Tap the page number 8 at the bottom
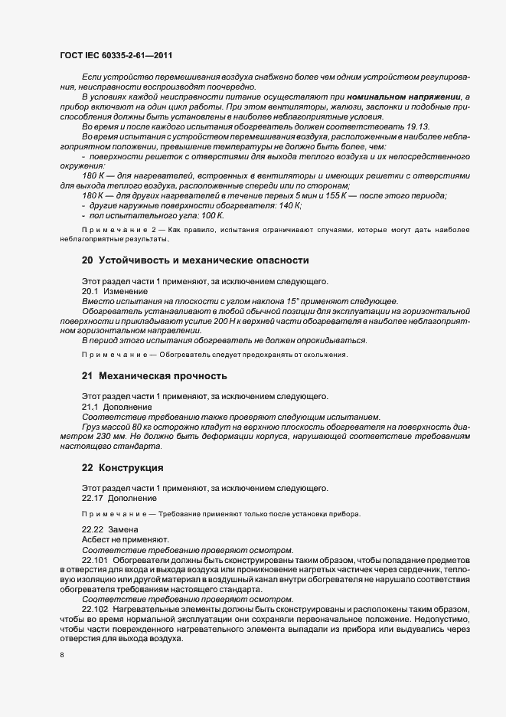(61, 655)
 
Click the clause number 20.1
(90, 291)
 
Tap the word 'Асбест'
(96, 539)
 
